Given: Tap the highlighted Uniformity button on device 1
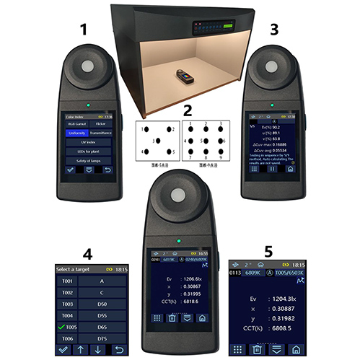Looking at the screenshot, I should pyautogui.click(x=76, y=133).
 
